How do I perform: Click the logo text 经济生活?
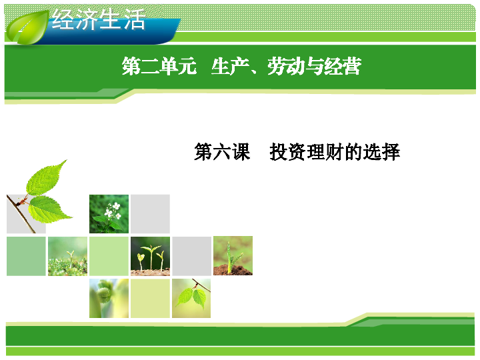99,19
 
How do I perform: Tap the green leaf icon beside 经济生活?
27,27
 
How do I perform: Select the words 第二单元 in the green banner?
159,66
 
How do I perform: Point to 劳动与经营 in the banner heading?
315,66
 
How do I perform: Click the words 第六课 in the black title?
222,152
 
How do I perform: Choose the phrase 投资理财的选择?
335,152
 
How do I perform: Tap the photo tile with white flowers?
109,214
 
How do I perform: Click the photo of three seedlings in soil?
150,256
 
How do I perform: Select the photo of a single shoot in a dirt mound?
233,255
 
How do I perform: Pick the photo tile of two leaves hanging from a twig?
191,298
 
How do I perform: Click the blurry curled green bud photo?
109,298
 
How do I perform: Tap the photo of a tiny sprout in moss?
67,256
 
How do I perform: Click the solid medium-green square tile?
26,256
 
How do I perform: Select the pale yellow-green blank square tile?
150,298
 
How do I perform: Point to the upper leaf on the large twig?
45,179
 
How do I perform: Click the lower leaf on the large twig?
49,209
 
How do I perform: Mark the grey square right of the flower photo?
150,214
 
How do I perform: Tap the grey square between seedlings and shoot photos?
191,256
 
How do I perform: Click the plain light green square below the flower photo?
109,256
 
